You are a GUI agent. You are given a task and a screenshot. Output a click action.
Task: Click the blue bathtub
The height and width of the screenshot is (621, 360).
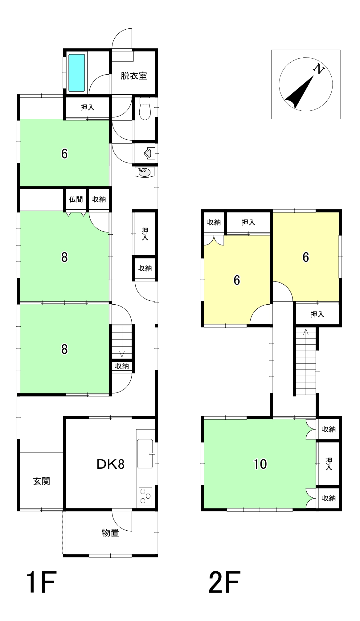point(77,73)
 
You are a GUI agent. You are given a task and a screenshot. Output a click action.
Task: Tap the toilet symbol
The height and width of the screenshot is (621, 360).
point(145,109)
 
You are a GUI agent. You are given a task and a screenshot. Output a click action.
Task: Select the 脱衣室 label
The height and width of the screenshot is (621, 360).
point(134,76)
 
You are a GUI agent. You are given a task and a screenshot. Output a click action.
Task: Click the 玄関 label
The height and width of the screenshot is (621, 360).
point(42,481)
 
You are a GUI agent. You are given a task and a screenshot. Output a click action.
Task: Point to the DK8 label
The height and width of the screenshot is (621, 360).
point(110,464)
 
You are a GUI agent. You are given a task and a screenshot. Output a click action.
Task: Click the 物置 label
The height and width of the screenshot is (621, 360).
point(110,533)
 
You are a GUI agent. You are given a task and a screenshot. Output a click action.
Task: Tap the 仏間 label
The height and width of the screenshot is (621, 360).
point(76,199)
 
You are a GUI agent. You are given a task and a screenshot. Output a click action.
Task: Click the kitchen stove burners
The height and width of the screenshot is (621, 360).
point(145,496)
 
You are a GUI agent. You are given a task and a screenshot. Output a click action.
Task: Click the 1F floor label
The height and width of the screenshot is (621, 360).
point(41,582)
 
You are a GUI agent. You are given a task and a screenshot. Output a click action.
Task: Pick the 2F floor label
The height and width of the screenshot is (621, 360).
point(224,582)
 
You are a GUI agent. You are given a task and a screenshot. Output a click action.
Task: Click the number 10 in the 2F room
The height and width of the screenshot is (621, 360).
point(260,464)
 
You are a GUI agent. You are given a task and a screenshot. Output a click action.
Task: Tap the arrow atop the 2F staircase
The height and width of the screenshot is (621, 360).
point(306,332)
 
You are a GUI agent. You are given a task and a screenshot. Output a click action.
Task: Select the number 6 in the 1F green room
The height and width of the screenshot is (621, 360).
point(64,154)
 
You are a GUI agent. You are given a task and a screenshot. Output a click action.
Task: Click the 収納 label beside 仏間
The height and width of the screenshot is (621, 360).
point(99,199)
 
